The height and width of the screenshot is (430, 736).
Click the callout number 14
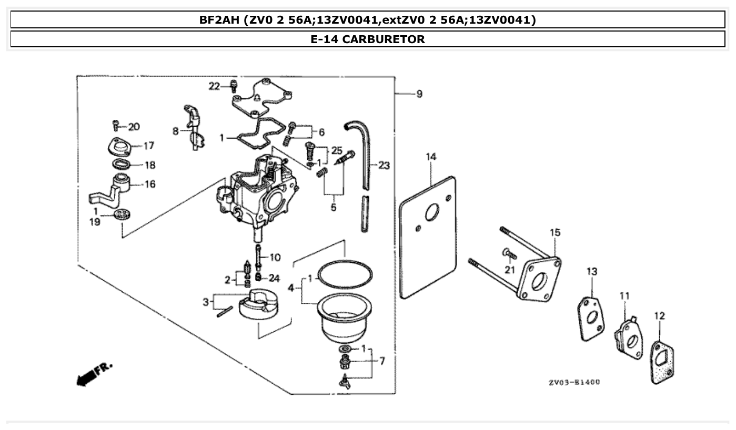click(x=431, y=157)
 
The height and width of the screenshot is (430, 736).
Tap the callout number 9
click(x=419, y=94)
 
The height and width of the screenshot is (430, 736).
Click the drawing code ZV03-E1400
click(x=573, y=382)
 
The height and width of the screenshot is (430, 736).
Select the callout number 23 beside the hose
click(x=384, y=166)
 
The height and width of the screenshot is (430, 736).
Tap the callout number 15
click(x=555, y=232)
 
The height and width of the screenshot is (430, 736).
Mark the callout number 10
click(x=275, y=257)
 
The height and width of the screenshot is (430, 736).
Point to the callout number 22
click(x=214, y=86)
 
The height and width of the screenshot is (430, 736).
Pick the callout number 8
click(x=175, y=131)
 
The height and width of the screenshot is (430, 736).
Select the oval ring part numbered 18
click(x=122, y=163)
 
